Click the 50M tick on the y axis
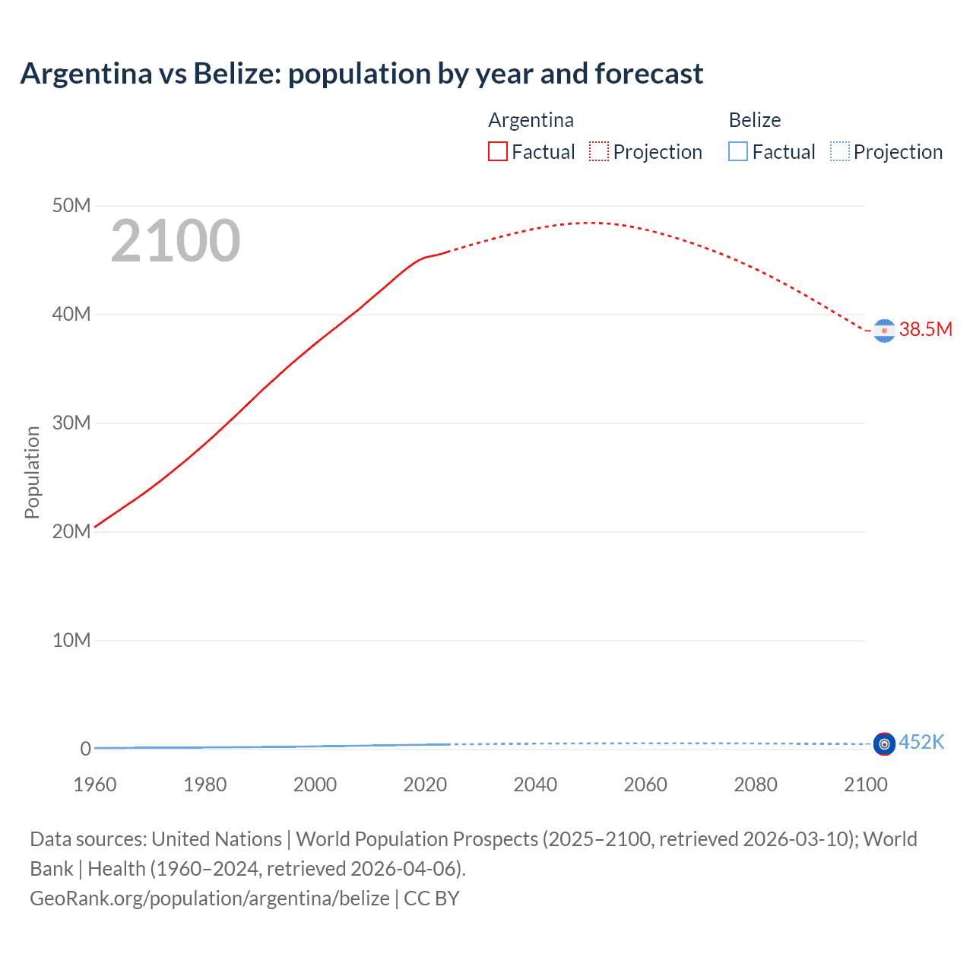tap(71, 206)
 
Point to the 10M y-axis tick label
tap(71, 640)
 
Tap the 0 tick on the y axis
tap(85, 749)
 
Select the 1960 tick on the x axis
tap(95, 784)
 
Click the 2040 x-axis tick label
tap(535, 784)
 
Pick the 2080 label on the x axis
tap(756, 784)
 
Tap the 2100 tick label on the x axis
tap(865, 784)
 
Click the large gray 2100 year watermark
tap(176, 241)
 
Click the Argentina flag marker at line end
tap(884, 331)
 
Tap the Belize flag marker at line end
tap(884, 743)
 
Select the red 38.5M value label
tap(925, 329)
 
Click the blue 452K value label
tap(921, 742)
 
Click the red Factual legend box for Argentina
tap(498, 152)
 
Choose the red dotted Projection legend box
tap(599, 152)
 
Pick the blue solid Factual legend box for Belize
tap(738, 152)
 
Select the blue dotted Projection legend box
tap(840, 152)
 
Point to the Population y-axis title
tap(32, 472)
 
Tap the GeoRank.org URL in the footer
tap(209, 898)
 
